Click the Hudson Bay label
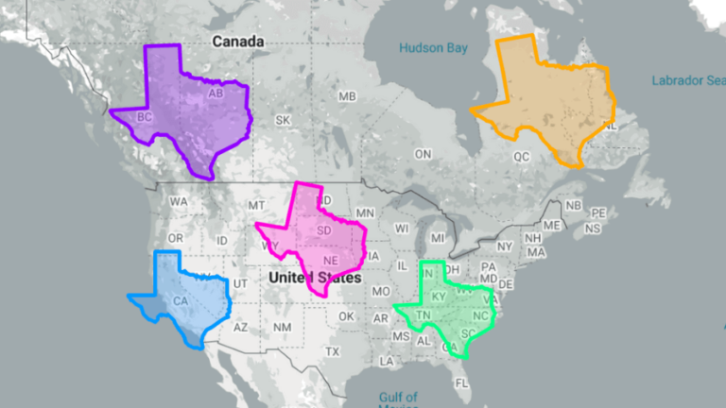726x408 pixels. [433, 47]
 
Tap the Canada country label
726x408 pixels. [237, 42]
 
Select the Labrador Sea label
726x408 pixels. [687, 80]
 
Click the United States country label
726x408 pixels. [314, 279]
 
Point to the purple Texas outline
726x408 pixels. [189, 113]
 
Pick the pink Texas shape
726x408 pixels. [317, 241]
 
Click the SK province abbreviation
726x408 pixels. [283, 120]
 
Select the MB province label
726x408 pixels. [347, 97]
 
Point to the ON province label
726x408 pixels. [423, 154]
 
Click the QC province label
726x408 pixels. [521, 156]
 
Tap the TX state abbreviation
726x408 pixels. [332, 351]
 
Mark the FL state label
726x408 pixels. [461, 383]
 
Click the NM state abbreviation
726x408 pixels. [282, 328]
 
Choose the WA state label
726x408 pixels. [178, 202]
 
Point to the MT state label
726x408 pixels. [255, 205]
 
